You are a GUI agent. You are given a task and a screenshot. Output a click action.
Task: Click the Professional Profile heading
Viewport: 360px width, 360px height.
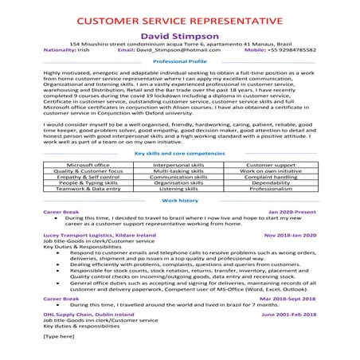(x=179, y=61)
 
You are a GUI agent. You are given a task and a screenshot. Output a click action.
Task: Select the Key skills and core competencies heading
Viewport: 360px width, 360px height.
(x=179, y=130)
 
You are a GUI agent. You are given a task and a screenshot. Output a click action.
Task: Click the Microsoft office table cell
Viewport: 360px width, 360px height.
(x=88, y=141)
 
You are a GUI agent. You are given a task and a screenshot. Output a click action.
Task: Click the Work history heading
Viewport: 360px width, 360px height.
(x=179, y=179)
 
